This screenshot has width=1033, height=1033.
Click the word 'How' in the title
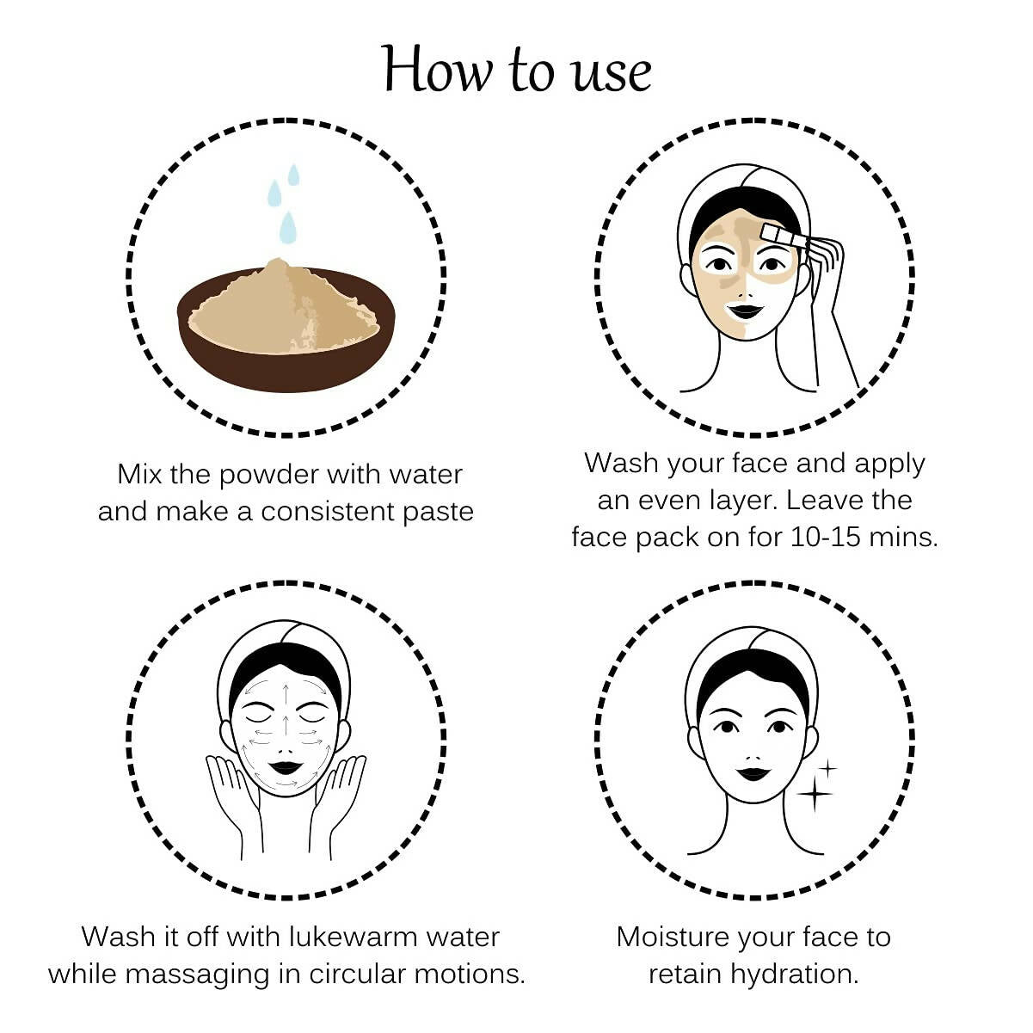tap(437, 70)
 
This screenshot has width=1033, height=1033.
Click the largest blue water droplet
tap(288, 227)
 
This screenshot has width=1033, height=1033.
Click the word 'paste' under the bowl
tap(438, 513)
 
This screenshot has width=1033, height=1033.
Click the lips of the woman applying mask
tap(744, 311)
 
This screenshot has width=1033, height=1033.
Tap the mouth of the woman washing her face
tap(285, 768)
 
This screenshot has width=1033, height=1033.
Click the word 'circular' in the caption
tap(357, 974)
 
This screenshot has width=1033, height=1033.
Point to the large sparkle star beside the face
tap(815, 793)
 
